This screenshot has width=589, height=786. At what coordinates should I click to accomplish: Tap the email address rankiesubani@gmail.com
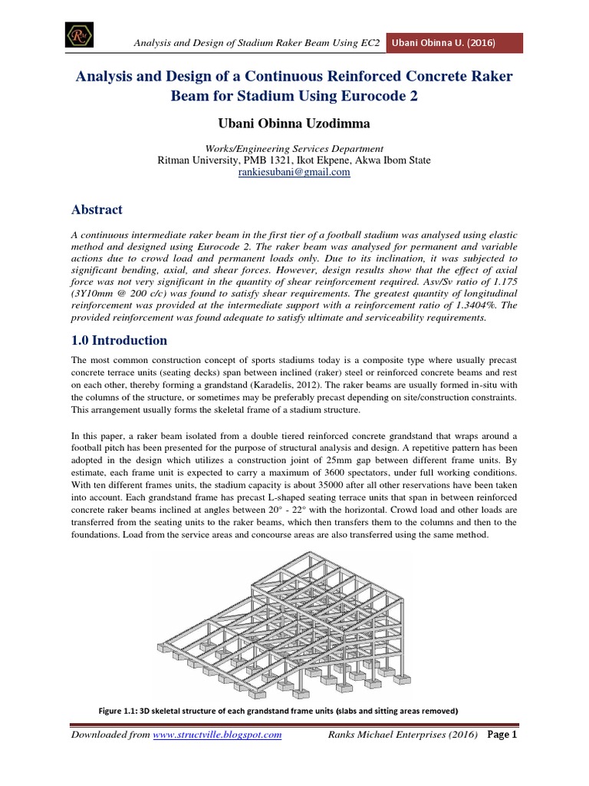(294, 173)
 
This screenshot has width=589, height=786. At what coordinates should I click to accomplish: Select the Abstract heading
(97, 209)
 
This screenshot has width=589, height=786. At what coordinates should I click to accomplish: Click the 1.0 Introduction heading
(119, 340)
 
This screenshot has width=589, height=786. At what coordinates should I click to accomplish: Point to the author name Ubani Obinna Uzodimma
(294, 121)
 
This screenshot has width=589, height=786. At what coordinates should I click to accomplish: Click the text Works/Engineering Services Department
(294, 148)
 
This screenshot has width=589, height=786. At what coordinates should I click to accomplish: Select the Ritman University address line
(294, 160)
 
